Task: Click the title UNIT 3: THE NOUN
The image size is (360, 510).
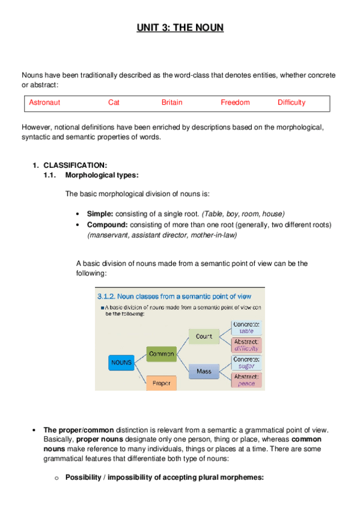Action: [x=180, y=28]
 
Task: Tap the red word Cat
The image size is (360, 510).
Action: [x=114, y=103]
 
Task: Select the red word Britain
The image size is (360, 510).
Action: [x=172, y=103]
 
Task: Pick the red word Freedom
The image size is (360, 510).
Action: [x=235, y=103]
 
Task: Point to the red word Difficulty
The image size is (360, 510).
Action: [x=291, y=103]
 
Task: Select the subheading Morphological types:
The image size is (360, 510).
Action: [x=102, y=175]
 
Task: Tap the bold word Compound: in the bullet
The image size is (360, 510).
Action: [x=108, y=224]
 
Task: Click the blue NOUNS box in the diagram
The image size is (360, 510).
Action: [x=121, y=363]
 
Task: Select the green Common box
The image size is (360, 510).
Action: [x=161, y=354]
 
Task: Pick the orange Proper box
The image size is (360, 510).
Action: [x=161, y=382]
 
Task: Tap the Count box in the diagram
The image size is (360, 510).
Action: [x=204, y=337]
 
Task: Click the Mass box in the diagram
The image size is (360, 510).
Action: [x=204, y=371]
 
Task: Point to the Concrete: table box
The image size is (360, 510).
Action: [x=246, y=327]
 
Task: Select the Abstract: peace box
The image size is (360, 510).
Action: [x=246, y=379]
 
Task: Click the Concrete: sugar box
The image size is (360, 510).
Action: [x=246, y=362]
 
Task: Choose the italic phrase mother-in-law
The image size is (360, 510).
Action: [x=213, y=235]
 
